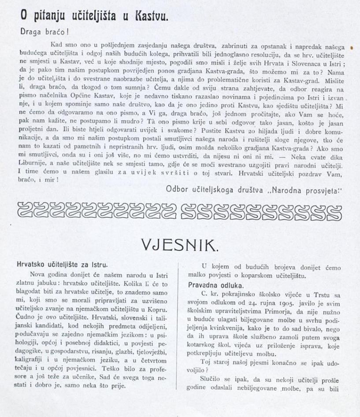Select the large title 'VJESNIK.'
coord(179,244)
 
